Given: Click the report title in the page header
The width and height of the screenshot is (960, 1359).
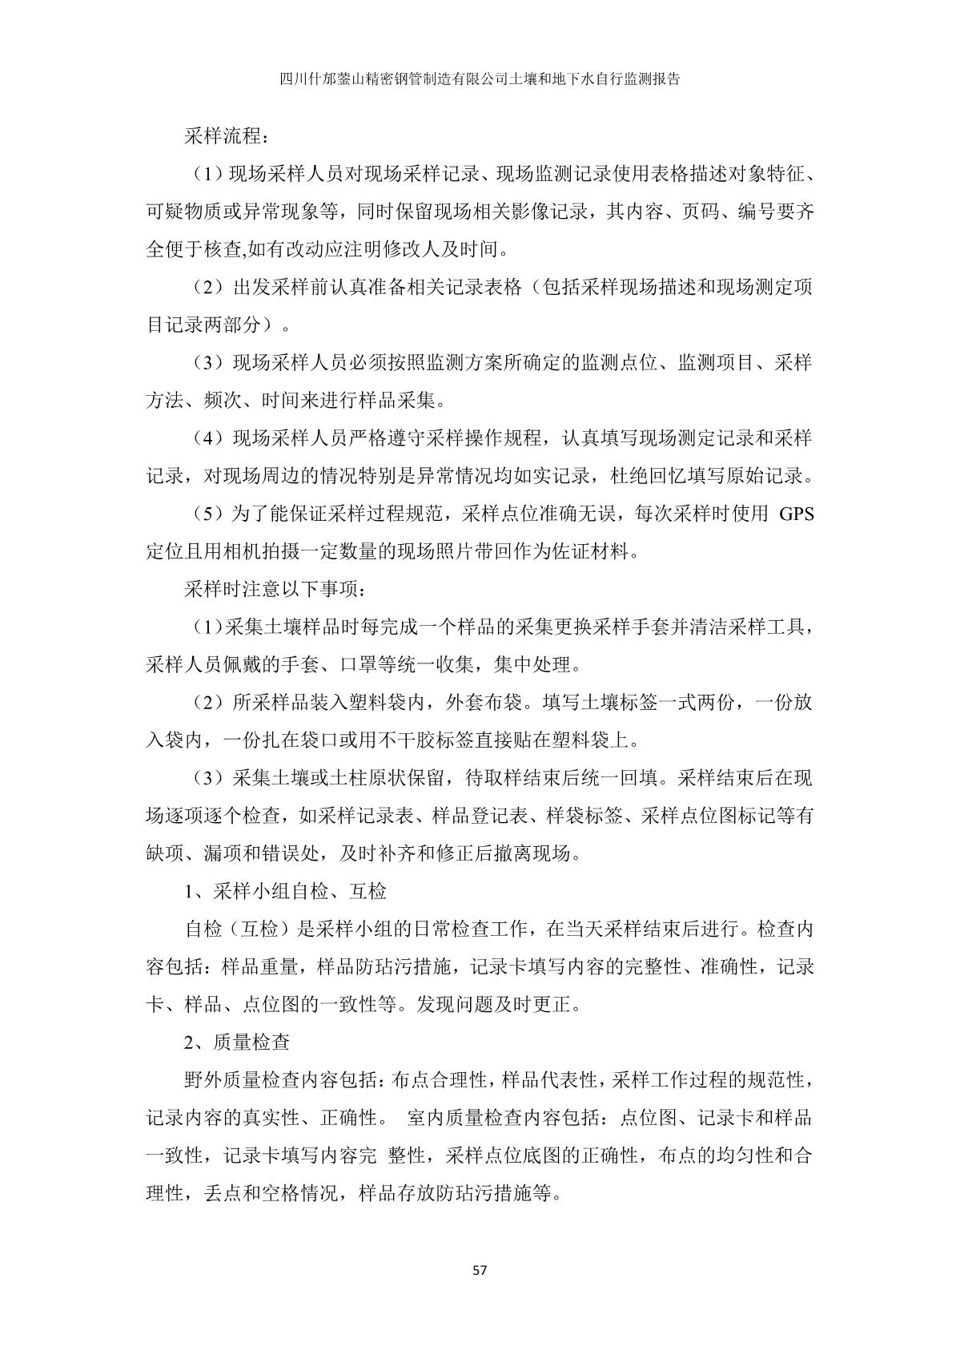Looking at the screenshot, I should pyautogui.click(x=480, y=79).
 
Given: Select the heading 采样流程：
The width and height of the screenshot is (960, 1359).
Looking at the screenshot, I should pyautogui.click(x=223, y=136).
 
